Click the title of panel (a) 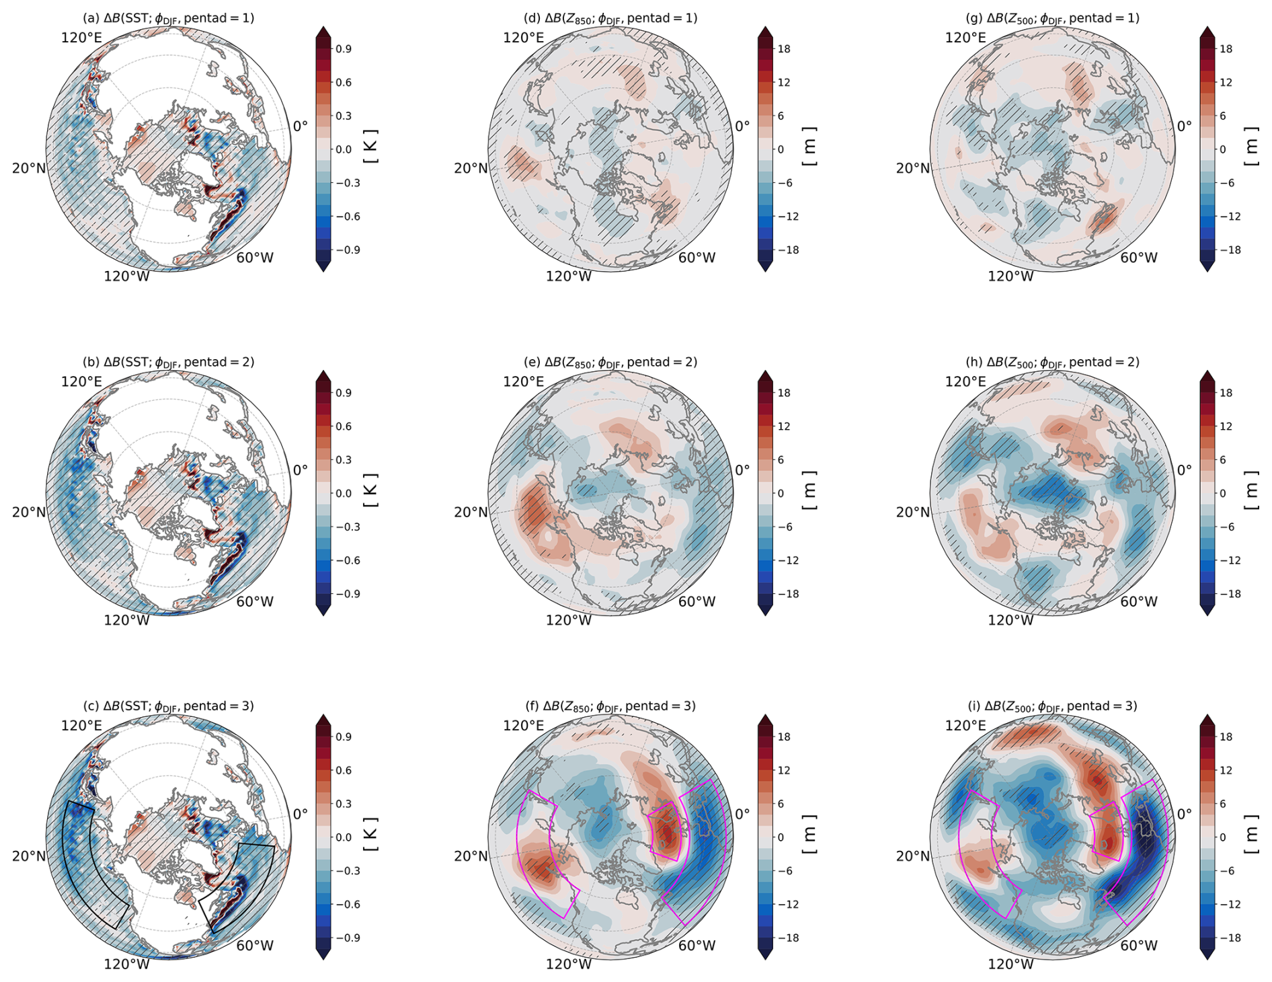[168, 18]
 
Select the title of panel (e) [610, 362]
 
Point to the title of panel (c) [168, 706]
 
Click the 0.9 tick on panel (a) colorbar [344, 49]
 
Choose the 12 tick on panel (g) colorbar [1226, 82]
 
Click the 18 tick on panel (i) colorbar [1226, 736]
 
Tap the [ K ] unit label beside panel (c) [370, 835]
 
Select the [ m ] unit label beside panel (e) [810, 491]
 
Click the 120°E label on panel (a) [81, 38]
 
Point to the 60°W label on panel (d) [697, 258]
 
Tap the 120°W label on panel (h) [1010, 619]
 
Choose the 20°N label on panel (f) [471, 856]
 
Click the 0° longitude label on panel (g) [1184, 126]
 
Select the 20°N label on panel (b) [29, 512]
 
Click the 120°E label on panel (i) [965, 725]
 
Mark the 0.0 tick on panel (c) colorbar [344, 837]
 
